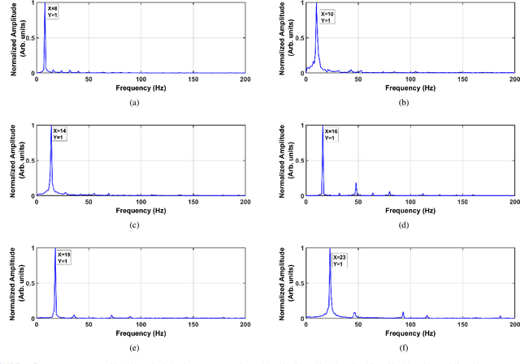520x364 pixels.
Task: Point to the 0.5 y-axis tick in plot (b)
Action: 299,38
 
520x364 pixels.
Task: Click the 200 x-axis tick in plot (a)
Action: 245,79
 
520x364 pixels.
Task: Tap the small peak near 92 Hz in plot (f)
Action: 403,313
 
